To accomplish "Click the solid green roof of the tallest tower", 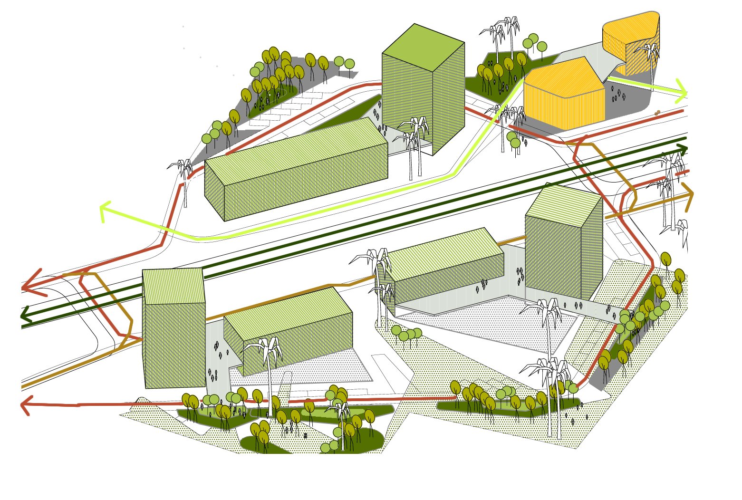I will [423, 48].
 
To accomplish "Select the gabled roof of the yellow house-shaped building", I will [563, 76].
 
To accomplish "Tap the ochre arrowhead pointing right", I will [688, 195].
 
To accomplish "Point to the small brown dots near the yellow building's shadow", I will [657, 113].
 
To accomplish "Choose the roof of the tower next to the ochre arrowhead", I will [563, 204].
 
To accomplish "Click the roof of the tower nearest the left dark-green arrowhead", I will [173, 285].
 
